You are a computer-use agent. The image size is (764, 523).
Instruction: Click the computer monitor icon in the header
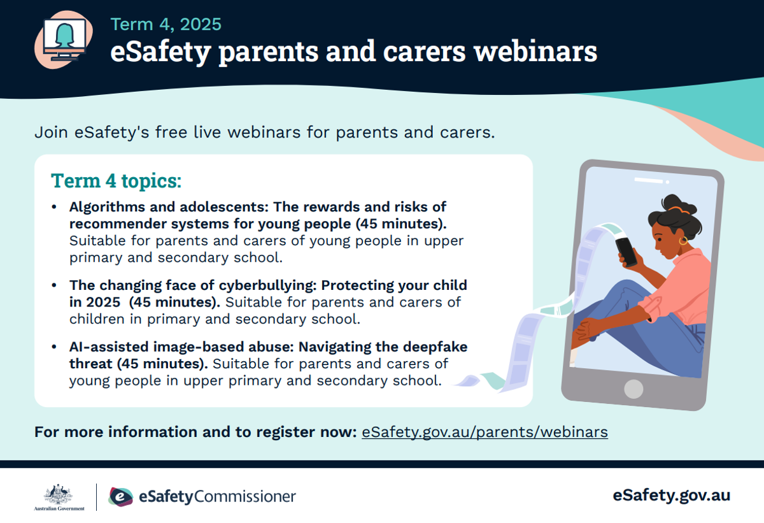pyautogui.click(x=65, y=39)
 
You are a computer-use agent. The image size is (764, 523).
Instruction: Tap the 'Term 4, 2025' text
pyautogui.click(x=166, y=25)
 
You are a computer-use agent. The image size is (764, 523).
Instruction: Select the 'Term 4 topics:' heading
pyautogui.click(x=116, y=180)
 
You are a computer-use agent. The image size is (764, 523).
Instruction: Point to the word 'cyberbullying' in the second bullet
pyautogui.click(x=268, y=285)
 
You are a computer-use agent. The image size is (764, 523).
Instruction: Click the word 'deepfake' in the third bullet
pyautogui.click(x=435, y=347)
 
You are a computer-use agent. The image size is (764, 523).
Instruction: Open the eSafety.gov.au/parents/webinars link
pyautogui.click(x=485, y=433)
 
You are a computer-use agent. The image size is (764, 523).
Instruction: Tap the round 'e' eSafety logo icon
pyautogui.click(x=120, y=497)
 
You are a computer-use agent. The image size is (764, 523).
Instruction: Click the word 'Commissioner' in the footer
pyautogui.click(x=245, y=497)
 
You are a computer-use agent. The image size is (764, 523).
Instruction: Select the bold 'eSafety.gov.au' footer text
pyautogui.click(x=671, y=496)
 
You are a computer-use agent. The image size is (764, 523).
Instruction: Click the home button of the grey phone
pyautogui.click(x=633, y=389)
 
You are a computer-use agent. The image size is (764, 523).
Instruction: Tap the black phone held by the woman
pyautogui.click(x=626, y=252)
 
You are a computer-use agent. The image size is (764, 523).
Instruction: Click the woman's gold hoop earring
pyautogui.click(x=683, y=241)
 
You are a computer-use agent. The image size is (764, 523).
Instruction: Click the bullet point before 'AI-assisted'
pyautogui.click(x=54, y=347)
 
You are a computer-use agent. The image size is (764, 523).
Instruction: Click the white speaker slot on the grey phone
pyautogui.click(x=648, y=180)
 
